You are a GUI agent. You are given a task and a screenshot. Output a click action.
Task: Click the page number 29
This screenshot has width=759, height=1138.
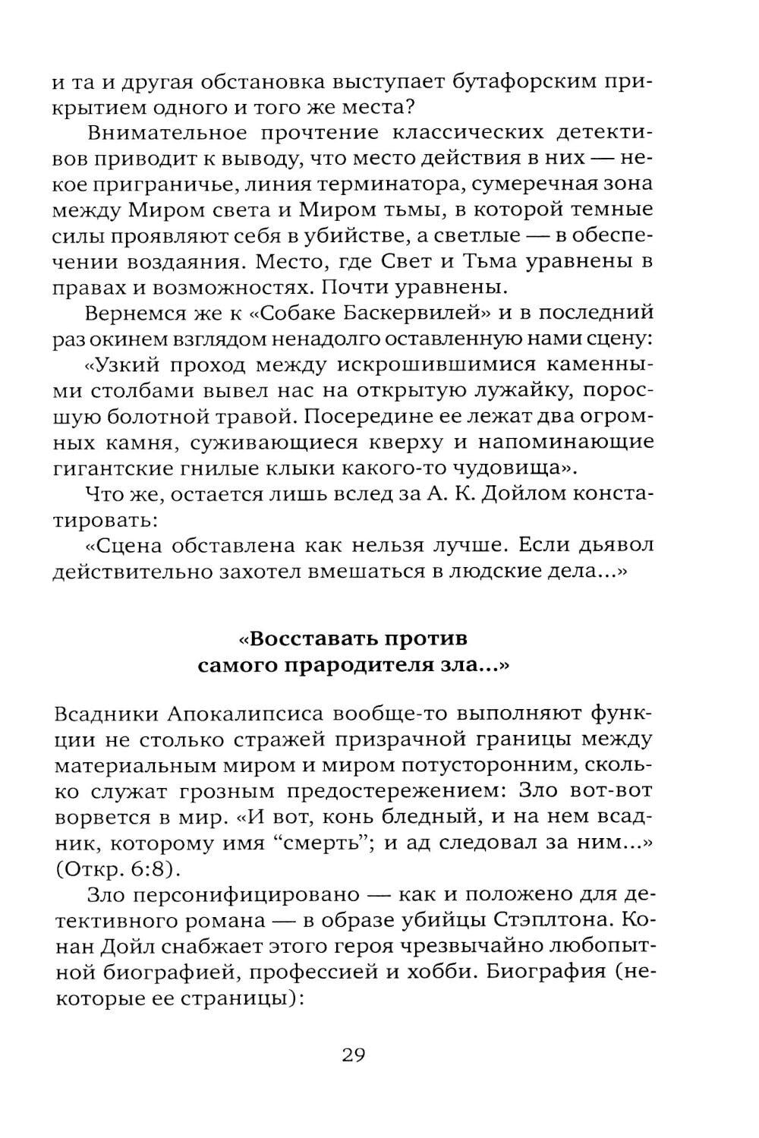click(x=354, y=1055)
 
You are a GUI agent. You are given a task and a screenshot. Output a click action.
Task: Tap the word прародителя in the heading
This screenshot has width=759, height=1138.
click(x=365, y=665)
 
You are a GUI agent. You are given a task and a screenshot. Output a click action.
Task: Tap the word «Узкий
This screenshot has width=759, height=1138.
click(x=127, y=365)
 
